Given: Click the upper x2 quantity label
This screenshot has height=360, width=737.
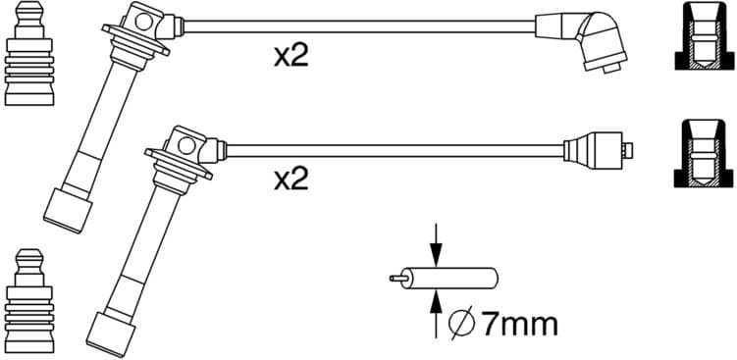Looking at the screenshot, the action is tap(291, 55).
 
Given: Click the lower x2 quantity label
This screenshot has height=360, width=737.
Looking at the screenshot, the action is tap(291, 179).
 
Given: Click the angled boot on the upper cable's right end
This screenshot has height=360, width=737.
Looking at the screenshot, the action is tap(594, 40).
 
